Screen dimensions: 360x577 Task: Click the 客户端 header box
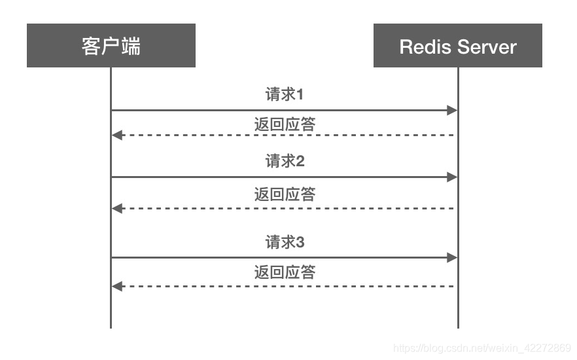[111, 46]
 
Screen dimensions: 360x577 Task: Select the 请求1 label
[285, 94]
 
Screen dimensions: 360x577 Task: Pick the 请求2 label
[285, 160]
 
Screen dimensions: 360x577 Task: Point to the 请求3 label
[285, 242]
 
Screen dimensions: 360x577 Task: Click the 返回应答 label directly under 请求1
[285, 124]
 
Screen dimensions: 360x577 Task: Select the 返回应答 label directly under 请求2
[285, 194]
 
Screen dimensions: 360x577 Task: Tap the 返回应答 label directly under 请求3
[285, 272]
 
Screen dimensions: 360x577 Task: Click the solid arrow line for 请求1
[281, 111]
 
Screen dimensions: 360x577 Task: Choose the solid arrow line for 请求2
[281, 177]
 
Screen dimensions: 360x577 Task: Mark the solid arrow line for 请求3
[281, 258]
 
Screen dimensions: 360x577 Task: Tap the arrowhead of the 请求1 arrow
[452, 111]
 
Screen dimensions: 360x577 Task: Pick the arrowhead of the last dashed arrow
[117, 286]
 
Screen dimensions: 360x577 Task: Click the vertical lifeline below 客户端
[111, 308]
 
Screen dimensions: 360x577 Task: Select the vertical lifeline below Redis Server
[458, 308]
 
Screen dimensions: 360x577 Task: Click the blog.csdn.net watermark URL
[483, 347]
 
